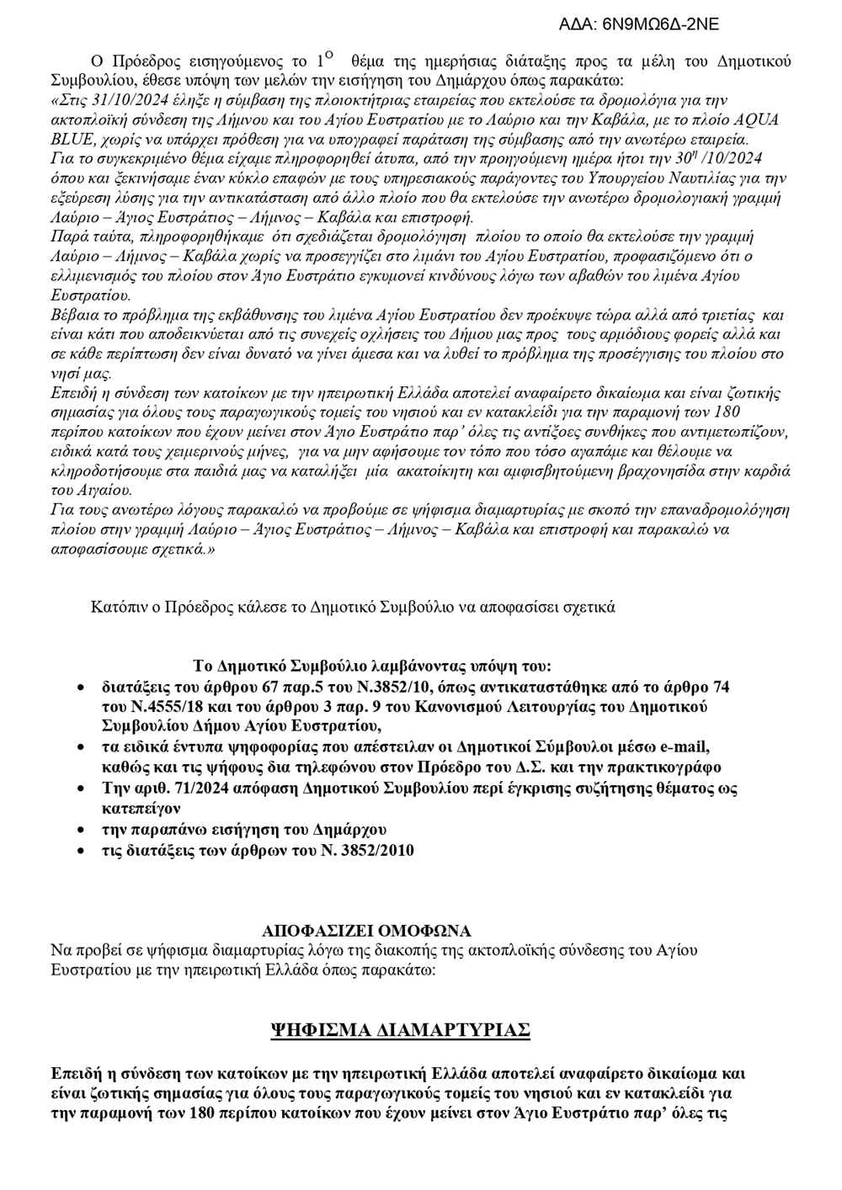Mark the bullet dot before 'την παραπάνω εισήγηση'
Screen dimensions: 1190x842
point(81,829)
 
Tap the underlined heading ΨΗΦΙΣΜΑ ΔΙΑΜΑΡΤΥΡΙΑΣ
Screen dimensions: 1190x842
point(398,1029)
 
